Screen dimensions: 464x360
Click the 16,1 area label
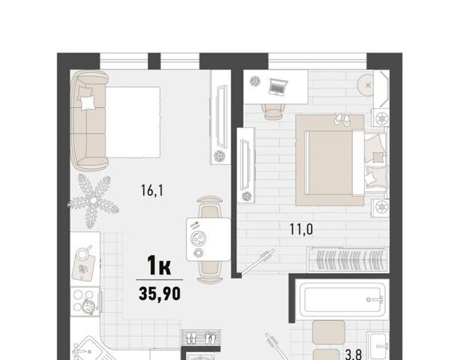(x=152, y=190)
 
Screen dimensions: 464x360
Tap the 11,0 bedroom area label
(x=301, y=229)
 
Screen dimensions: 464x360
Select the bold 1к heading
(x=159, y=265)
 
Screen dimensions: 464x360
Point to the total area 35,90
(x=160, y=293)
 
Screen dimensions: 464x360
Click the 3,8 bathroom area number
(x=353, y=354)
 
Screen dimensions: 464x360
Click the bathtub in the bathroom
(x=343, y=299)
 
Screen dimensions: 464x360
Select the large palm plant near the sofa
(x=94, y=201)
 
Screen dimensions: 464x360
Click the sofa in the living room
(x=89, y=121)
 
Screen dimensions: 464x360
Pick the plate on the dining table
(x=199, y=238)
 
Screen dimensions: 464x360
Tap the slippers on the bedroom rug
(x=342, y=119)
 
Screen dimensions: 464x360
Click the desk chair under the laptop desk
(x=273, y=111)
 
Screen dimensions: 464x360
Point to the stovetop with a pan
(x=85, y=302)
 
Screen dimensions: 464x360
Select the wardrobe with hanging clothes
(x=348, y=259)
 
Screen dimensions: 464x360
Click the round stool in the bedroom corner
(x=368, y=85)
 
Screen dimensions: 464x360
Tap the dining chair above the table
(x=209, y=208)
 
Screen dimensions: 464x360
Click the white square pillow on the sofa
(x=88, y=103)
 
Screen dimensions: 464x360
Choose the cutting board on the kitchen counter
(x=84, y=267)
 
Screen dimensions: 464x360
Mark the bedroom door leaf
(x=257, y=262)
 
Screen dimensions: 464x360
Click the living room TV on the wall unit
(x=221, y=116)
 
